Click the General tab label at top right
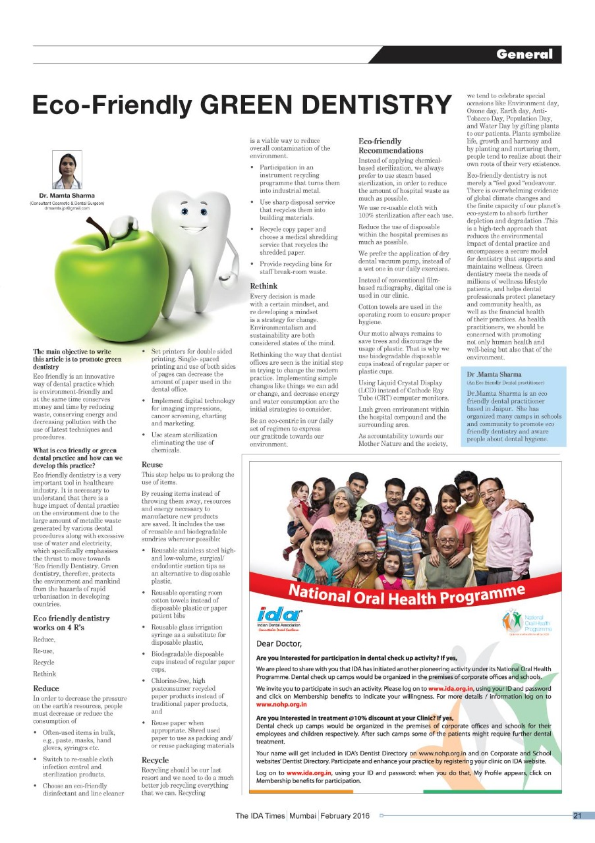pos(525,54)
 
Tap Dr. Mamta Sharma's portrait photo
pos(67,171)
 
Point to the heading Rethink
pos(264,286)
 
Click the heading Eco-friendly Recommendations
pos(390,146)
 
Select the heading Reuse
pos(153,464)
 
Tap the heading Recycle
pos(156,760)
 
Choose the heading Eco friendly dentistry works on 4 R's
pos(71,622)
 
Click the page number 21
pos(577,816)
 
